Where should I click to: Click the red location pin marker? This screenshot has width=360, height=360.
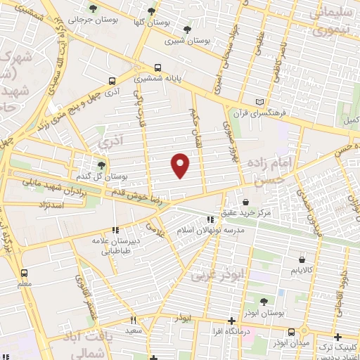(181, 165)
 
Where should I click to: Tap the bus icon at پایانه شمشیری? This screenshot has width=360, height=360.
(156, 67)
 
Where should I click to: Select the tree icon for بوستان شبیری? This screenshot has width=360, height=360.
(187, 30)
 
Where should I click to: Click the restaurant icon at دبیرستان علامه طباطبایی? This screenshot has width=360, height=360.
(115, 230)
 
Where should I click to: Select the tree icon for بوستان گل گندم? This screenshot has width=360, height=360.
(102, 165)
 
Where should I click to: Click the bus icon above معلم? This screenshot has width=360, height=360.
(25, 273)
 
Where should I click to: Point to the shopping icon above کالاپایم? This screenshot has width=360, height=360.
(293, 259)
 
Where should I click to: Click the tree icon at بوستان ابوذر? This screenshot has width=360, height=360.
(264, 302)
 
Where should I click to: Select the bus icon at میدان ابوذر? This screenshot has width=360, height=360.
(291, 331)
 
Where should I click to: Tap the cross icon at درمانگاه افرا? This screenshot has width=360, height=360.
(232, 321)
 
